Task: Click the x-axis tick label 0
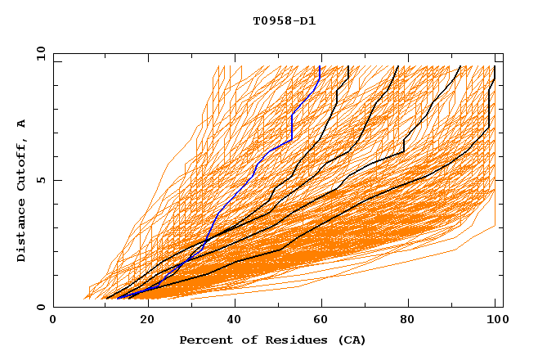[x=54, y=321]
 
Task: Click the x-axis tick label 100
[x=494, y=321]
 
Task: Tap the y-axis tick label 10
[x=40, y=53]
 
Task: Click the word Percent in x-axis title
[x=204, y=340]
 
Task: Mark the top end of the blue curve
[x=321, y=67]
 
